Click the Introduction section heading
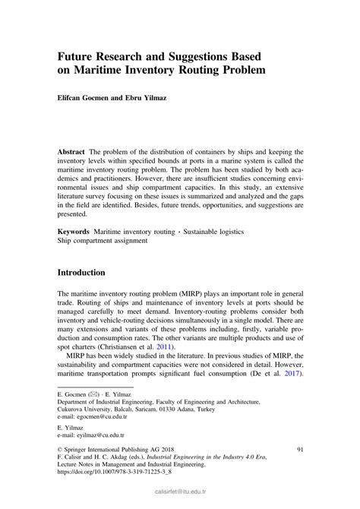(x=87, y=272)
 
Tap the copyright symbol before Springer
(x=61, y=472)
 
